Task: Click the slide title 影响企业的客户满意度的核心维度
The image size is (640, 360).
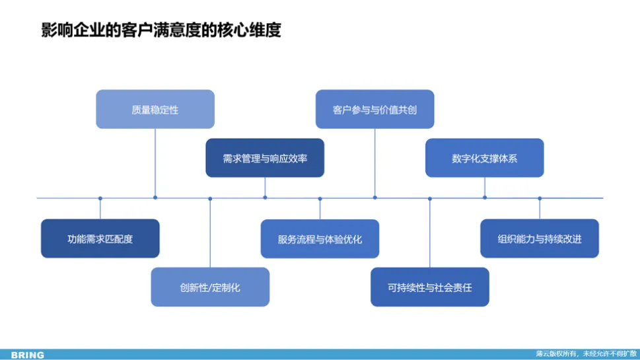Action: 161,30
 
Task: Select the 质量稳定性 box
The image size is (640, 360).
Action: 155,110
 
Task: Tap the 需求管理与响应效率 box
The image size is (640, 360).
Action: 265,159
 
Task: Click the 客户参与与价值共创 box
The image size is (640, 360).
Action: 374,110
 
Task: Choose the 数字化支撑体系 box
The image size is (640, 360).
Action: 484,159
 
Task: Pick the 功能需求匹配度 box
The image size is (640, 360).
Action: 100,238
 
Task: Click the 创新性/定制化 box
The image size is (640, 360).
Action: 210,287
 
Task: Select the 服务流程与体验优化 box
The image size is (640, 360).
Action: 320,238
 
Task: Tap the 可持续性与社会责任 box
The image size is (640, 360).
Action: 429,287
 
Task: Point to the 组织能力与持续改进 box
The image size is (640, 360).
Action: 539,238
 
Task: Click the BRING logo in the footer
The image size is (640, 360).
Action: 28,355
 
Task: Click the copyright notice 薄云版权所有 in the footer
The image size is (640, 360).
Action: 586,354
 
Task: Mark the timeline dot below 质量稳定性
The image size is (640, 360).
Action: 155,198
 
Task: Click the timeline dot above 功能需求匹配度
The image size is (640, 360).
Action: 100,198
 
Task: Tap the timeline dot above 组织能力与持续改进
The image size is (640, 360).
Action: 539,198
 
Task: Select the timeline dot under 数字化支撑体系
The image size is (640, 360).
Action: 484,198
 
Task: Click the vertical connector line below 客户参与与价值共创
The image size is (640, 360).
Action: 374,162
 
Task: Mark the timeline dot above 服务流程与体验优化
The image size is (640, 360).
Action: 320,198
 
